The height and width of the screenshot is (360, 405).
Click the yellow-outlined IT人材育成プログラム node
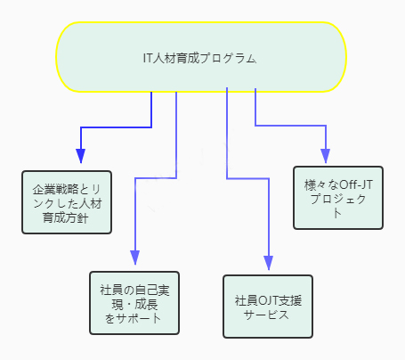pos(201,57)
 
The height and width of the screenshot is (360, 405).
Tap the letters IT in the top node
pos(148,58)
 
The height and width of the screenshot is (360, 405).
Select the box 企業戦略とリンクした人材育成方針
pos(67,202)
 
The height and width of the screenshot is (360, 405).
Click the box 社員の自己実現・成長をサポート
pos(134,303)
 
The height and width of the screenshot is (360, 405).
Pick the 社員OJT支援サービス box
pos(268,307)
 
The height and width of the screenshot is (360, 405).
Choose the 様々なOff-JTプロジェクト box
pos(338,198)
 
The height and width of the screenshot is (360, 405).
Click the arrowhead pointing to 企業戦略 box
pos(81,156)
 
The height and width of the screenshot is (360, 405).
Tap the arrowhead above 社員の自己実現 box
pos(135,258)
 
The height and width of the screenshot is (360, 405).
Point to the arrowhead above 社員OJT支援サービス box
pos(269,263)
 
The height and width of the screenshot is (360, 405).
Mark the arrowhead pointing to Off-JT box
pos(326,156)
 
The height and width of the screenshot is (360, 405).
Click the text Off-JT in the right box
pos(356,184)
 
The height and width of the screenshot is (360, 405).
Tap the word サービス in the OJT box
pos(266,315)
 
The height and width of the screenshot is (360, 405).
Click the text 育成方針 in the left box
pos(66,218)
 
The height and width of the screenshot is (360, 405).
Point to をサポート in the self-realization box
pos(133,318)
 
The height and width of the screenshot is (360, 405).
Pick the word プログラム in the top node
pos(228,58)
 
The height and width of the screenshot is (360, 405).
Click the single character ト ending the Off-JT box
pos(337,213)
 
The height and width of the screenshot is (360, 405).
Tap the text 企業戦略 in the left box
pos(55,189)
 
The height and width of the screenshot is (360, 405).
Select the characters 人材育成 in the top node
pos(176,58)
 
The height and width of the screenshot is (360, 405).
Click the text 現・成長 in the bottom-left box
pos(134,305)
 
